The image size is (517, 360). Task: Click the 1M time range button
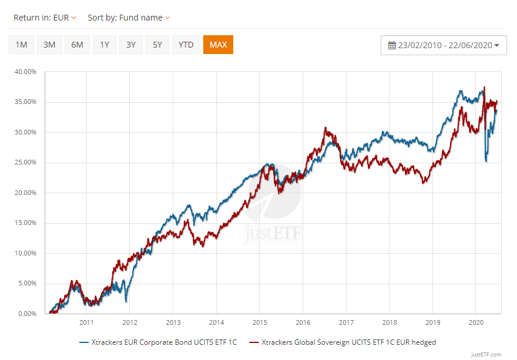point(21,45)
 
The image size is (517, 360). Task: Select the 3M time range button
point(49,45)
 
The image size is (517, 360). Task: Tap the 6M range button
point(77,45)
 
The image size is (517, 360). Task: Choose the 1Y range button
point(105,45)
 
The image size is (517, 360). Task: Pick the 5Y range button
point(157,45)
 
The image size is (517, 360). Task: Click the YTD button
point(186,45)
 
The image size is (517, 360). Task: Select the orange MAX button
point(218,45)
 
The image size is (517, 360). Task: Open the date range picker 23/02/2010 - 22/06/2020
point(444,45)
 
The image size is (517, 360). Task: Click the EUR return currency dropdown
point(65,18)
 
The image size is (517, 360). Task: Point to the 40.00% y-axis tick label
point(25,72)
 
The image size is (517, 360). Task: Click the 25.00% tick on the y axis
point(25,163)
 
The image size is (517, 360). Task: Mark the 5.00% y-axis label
point(27,284)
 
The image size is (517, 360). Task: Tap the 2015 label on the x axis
point(260,322)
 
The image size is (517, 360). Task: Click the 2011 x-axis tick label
point(86,322)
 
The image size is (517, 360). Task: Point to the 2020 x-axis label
point(476,322)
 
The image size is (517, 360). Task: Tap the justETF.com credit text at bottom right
point(486,354)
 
